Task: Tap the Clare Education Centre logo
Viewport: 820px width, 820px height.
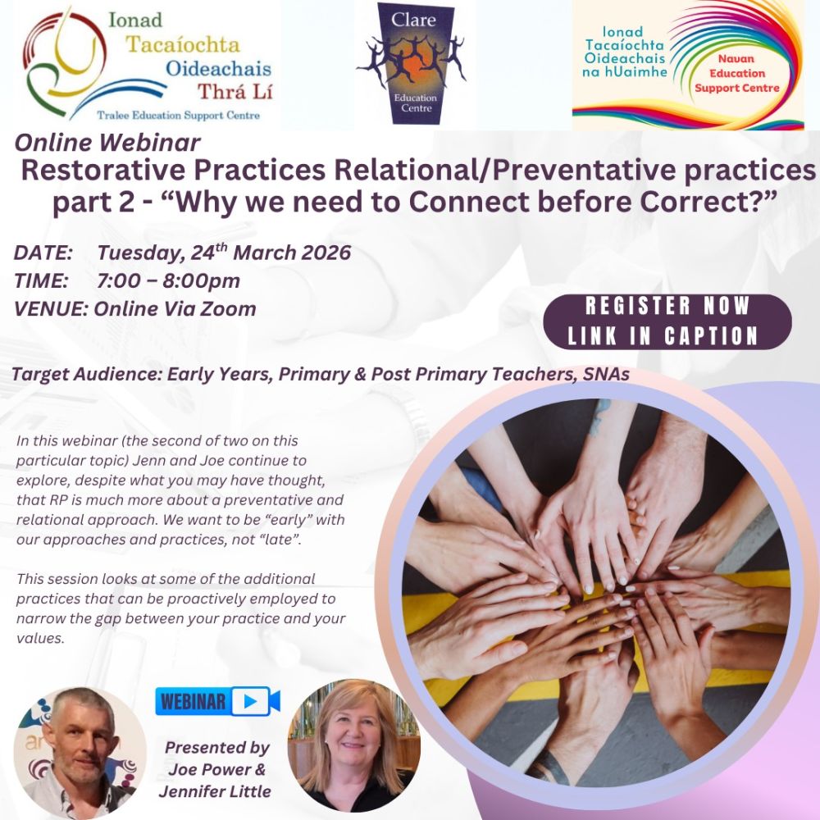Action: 415,64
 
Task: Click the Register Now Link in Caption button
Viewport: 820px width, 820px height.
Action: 667,321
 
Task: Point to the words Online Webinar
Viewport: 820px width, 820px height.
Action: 107,143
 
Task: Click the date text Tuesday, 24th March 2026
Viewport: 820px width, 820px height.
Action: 224,253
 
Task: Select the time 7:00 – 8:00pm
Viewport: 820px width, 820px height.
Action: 168,281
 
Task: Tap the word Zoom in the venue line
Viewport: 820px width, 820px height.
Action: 231,309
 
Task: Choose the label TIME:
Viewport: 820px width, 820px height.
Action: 40,281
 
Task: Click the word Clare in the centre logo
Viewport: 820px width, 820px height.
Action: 415,20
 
